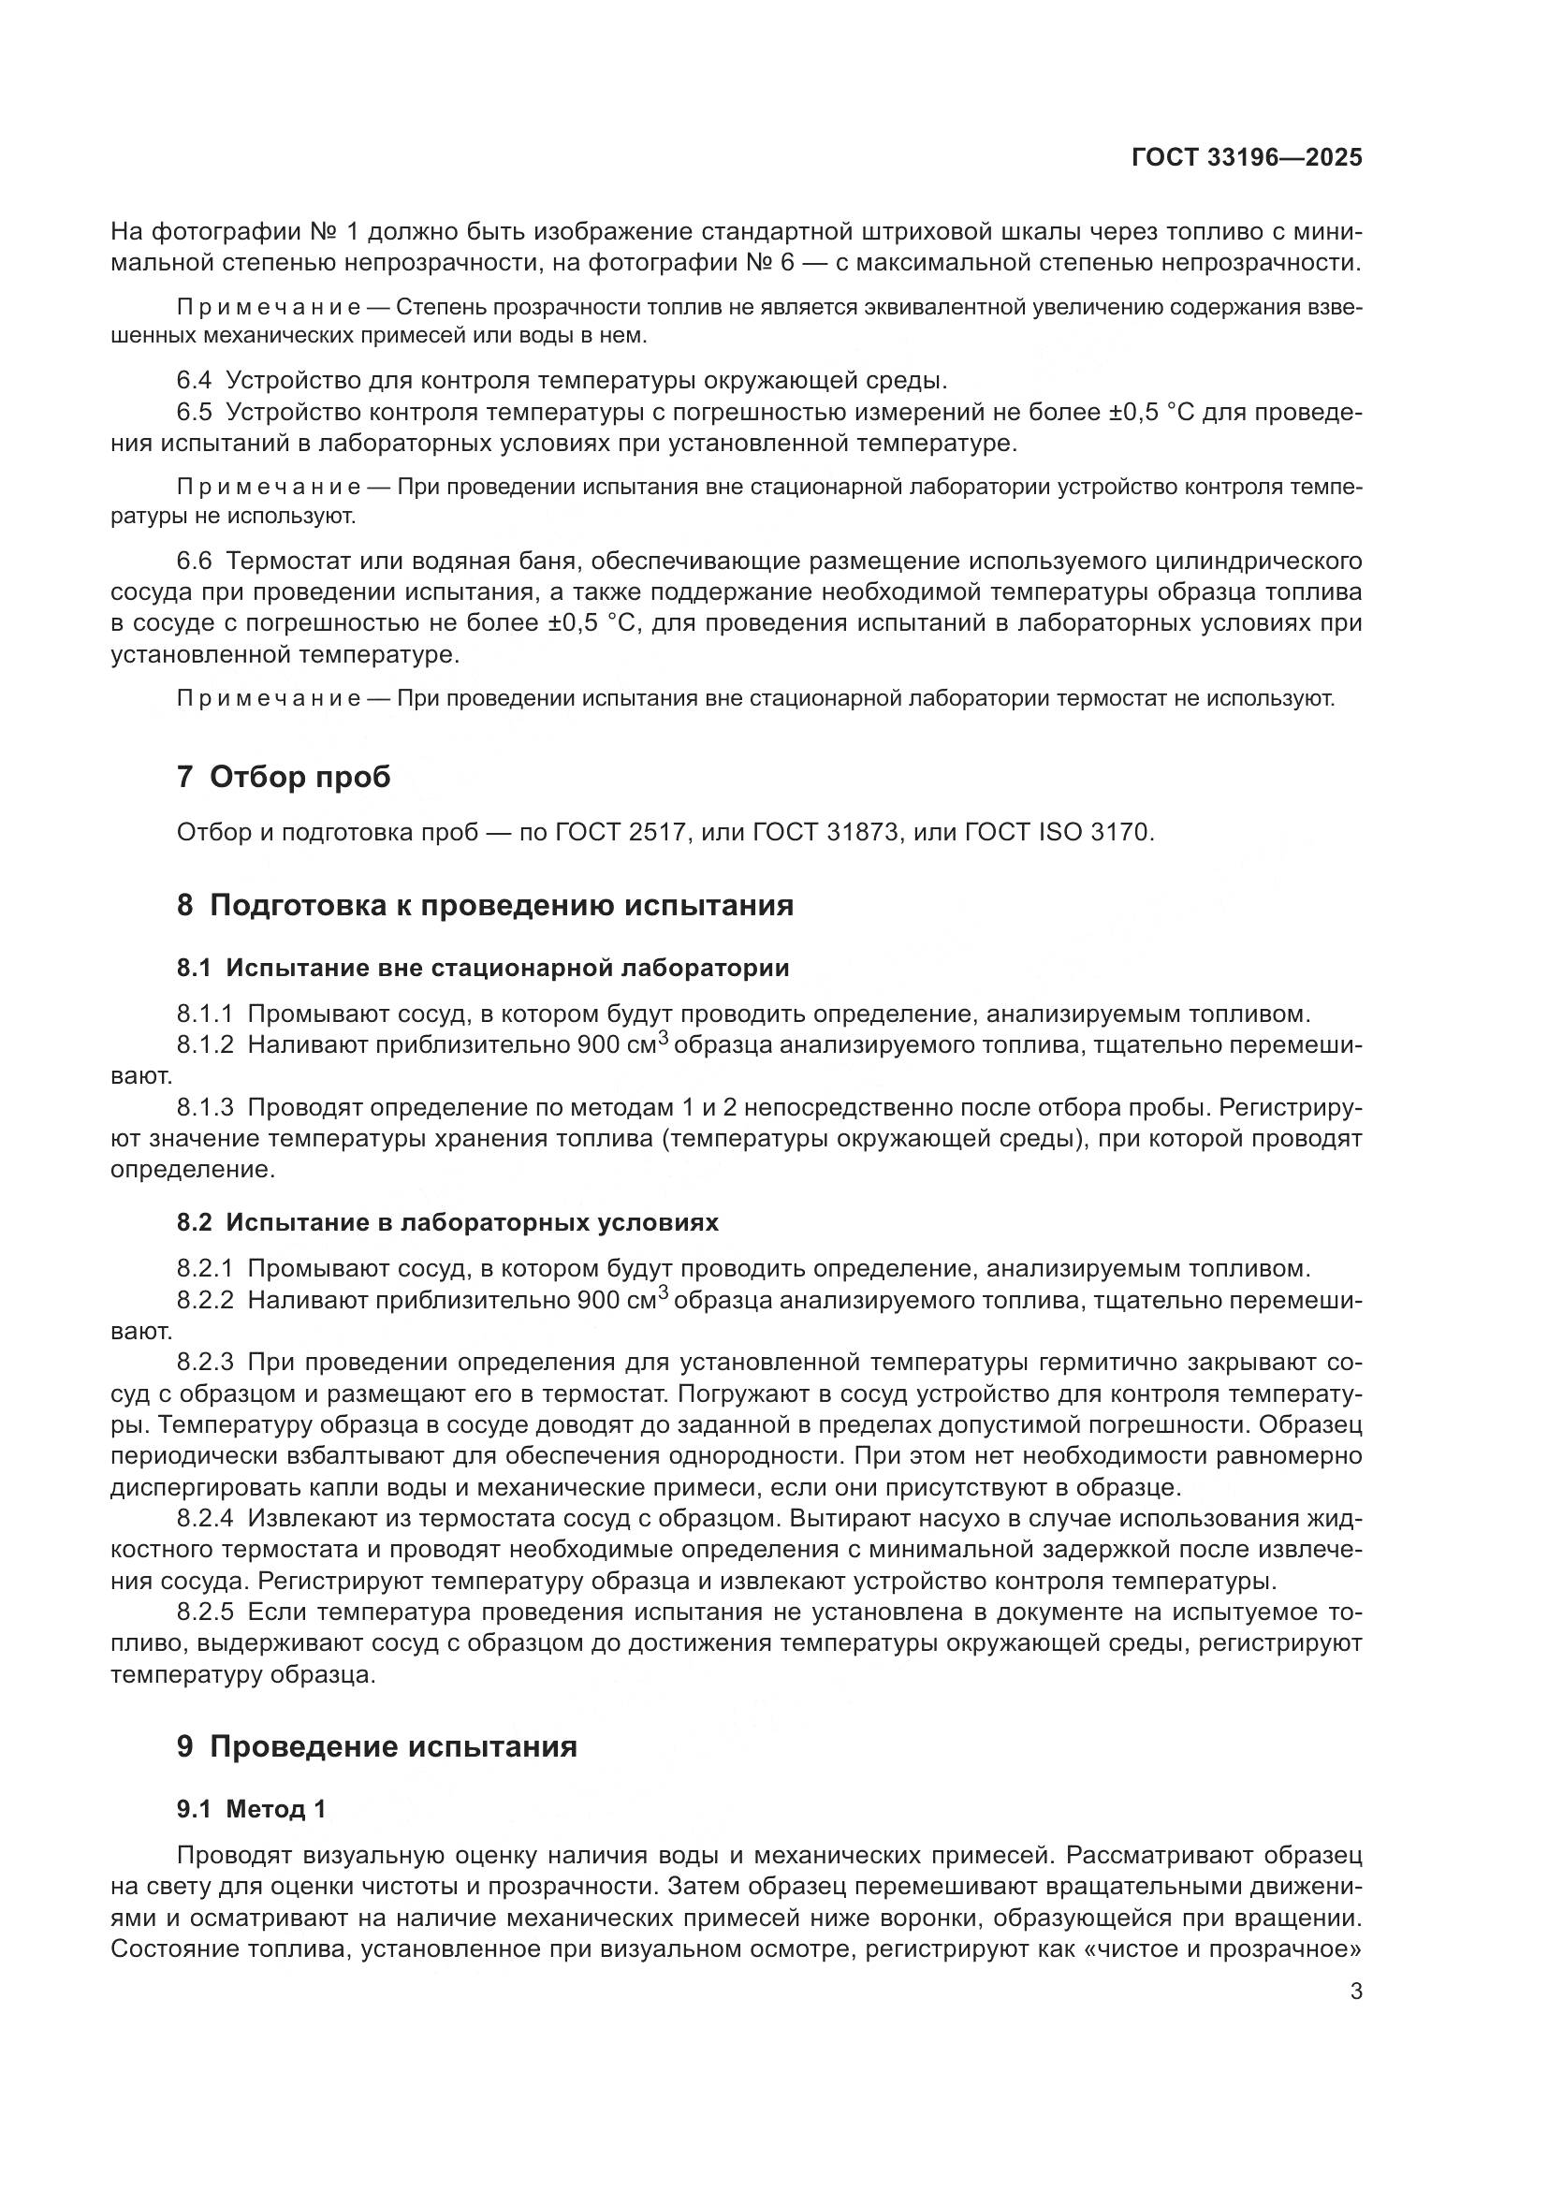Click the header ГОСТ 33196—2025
(x=1246, y=157)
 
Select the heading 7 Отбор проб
(x=283, y=776)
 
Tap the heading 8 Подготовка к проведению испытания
(x=484, y=904)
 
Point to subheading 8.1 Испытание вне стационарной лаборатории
(x=482, y=968)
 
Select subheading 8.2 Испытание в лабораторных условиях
(x=447, y=1222)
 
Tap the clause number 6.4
(x=194, y=380)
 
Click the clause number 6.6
(x=194, y=560)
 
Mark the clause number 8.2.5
(x=205, y=1612)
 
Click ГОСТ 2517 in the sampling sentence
(x=621, y=832)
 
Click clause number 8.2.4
(x=205, y=1518)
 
